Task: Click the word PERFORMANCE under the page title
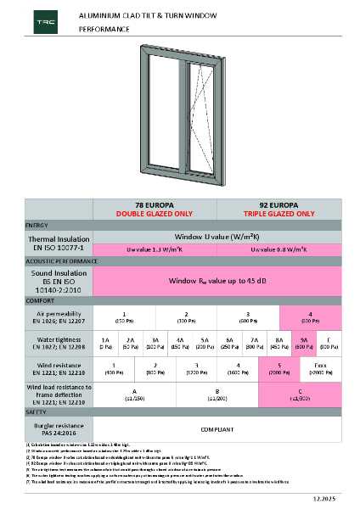pyautogui.click(x=104, y=29)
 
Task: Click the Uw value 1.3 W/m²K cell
pyautogui.click(x=155, y=249)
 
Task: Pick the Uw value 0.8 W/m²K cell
pyautogui.click(x=279, y=249)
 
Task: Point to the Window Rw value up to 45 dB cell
pyautogui.click(x=217, y=279)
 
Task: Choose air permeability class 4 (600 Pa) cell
pyautogui.click(x=311, y=317)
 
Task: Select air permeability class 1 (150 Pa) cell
pyautogui.click(x=124, y=317)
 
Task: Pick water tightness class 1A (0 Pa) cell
pyautogui.click(x=105, y=342)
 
